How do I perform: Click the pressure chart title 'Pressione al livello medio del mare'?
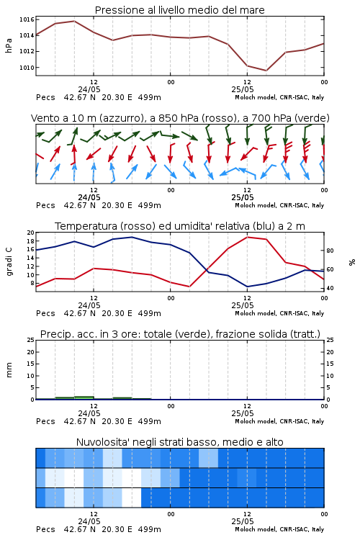[179, 10]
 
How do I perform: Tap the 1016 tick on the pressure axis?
[27, 19]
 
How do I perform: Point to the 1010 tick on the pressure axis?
[27, 68]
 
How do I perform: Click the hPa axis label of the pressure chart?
[9, 45]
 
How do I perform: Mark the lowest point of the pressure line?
[266, 71]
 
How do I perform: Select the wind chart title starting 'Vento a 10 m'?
[180, 118]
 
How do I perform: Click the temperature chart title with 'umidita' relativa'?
[180, 226]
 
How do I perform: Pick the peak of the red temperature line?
[247, 237]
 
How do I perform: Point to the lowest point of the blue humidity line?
[247, 287]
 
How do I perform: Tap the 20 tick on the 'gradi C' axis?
[31, 233]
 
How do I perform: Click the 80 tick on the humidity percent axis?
[330, 251]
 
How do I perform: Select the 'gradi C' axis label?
[9, 262]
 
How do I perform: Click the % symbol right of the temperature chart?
[352, 262]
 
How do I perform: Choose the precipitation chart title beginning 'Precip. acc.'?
[180, 334]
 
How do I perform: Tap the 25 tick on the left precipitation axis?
[31, 340]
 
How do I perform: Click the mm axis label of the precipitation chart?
[9, 370]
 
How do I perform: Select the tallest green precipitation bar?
[84, 397]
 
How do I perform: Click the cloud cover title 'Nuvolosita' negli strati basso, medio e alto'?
[179, 442]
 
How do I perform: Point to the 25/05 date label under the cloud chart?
[243, 521]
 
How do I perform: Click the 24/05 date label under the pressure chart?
[89, 89]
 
